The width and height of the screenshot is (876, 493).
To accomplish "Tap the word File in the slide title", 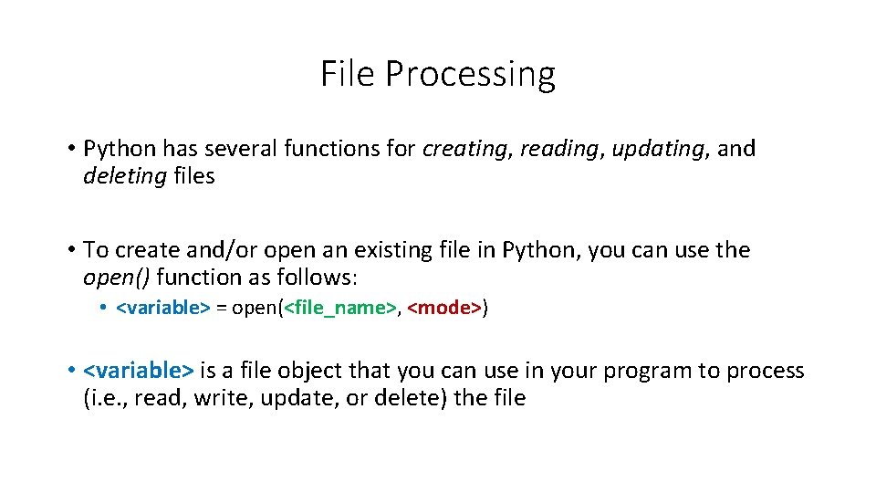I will click(x=348, y=73).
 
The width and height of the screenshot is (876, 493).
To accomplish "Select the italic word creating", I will click(x=464, y=149).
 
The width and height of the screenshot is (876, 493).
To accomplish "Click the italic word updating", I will click(x=650, y=149).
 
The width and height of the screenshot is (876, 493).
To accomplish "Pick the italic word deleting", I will click(x=124, y=177).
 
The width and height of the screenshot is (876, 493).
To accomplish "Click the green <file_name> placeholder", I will click(x=340, y=309).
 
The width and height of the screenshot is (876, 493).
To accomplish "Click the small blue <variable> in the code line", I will click(x=163, y=309).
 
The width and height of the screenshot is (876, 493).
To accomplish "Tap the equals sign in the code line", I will click(x=222, y=309).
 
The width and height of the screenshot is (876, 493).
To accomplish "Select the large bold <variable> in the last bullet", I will click(x=138, y=371).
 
